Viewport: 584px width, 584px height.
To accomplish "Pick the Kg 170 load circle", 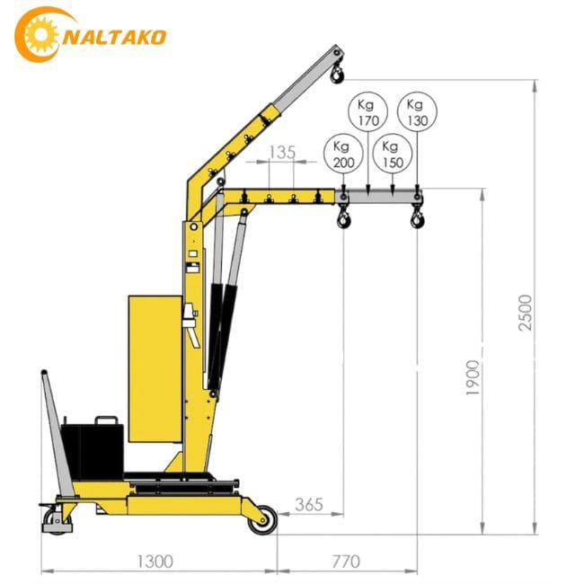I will click(x=367, y=111).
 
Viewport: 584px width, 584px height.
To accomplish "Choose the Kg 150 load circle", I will click(x=391, y=155).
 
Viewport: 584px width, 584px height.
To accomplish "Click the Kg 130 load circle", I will click(x=415, y=111).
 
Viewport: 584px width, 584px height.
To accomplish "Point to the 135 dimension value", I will click(x=282, y=152).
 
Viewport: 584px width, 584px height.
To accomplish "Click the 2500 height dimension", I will click(x=526, y=312).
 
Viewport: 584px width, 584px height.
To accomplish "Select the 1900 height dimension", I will click(x=473, y=378).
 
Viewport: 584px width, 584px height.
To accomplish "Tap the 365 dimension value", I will click(x=308, y=505).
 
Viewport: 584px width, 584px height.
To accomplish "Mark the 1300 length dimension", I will click(x=155, y=562).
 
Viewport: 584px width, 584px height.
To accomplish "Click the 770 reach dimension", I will click(x=345, y=562).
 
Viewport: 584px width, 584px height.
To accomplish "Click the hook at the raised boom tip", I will click(x=338, y=72).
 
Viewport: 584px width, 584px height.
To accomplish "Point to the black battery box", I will click(x=91, y=447).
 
